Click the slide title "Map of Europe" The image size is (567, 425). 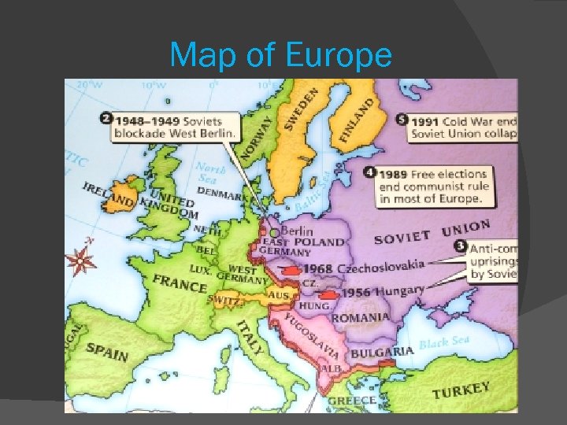pos(280,55)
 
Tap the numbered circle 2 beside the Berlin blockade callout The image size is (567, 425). pos(105,119)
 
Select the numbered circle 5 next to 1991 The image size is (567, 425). pos(402,120)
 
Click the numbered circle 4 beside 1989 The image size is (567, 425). pos(369,172)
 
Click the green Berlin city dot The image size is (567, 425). pos(273,233)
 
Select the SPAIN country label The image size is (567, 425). pos(107,351)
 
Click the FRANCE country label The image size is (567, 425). pos(180,283)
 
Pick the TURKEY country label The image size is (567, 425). pos(461,390)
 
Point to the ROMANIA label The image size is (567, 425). pos(360,318)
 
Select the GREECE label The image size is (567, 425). pos(351,401)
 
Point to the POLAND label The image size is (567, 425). pos(324,242)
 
